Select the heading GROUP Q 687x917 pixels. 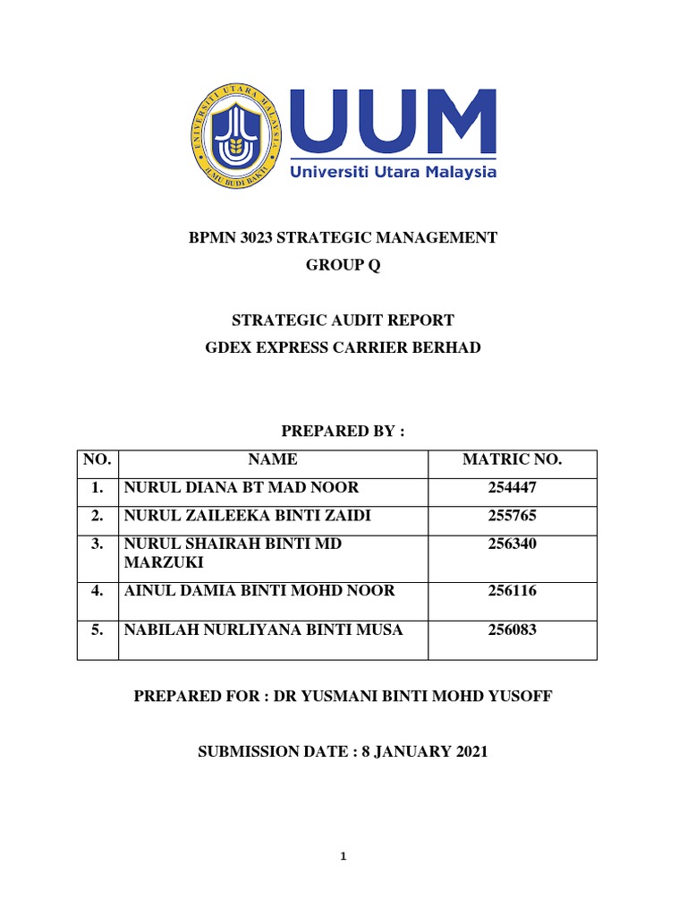343,266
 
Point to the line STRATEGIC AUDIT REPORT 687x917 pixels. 343,320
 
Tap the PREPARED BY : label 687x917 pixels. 343,433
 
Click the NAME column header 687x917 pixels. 274,460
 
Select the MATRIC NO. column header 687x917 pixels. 512,460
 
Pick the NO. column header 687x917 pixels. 97,460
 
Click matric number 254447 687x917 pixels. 512,488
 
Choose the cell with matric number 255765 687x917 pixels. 512,516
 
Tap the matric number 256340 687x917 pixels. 512,544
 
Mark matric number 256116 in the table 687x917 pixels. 512,591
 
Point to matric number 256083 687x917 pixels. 512,630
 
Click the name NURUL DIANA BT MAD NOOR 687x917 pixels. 242,488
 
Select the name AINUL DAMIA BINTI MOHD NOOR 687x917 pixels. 259,591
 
